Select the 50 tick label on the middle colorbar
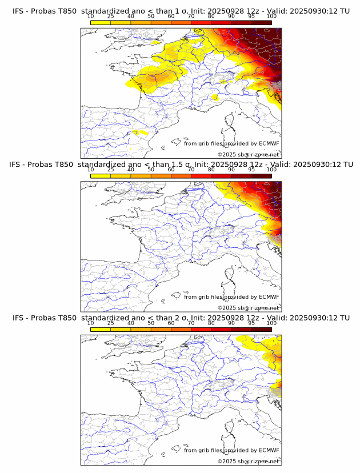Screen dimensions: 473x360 click(x=151, y=170)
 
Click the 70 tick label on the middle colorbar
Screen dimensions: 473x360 click(x=191, y=170)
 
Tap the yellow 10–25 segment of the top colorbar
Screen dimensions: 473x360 click(x=101, y=22)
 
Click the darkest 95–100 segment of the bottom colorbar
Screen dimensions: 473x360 click(x=261, y=329)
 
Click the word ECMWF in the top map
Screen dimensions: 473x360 click(x=269, y=144)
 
